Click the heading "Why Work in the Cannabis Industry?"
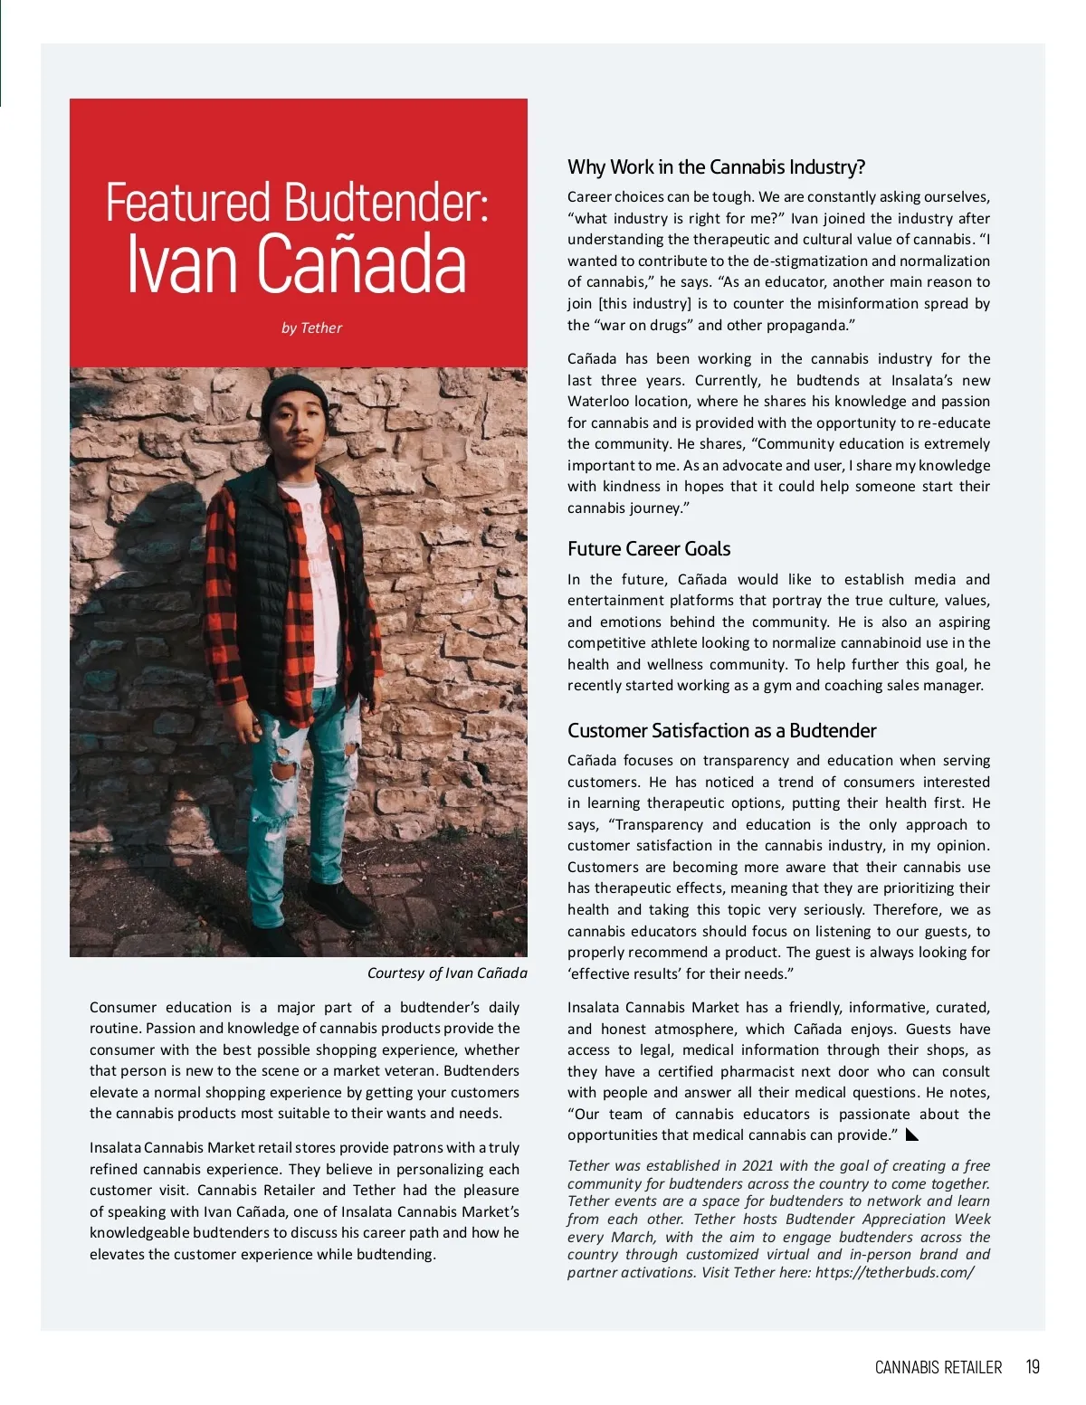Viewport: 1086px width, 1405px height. [x=716, y=167]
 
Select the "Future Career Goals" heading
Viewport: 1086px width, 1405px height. [x=649, y=549]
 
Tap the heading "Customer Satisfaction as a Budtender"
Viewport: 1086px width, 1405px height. [x=721, y=731]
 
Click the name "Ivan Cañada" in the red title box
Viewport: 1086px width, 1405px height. [x=297, y=263]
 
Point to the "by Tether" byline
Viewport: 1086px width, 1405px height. [x=311, y=328]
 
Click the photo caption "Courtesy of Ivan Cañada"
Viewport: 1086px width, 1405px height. [x=447, y=973]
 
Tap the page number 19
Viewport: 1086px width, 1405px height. [x=1033, y=1367]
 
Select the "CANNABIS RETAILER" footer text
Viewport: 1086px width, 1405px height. [x=938, y=1368]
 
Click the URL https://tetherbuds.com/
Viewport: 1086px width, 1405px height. [x=894, y=1273]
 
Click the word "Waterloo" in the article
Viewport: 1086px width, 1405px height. [x=597, y=402]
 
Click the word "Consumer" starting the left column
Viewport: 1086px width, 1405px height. [x=123, y=1008]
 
